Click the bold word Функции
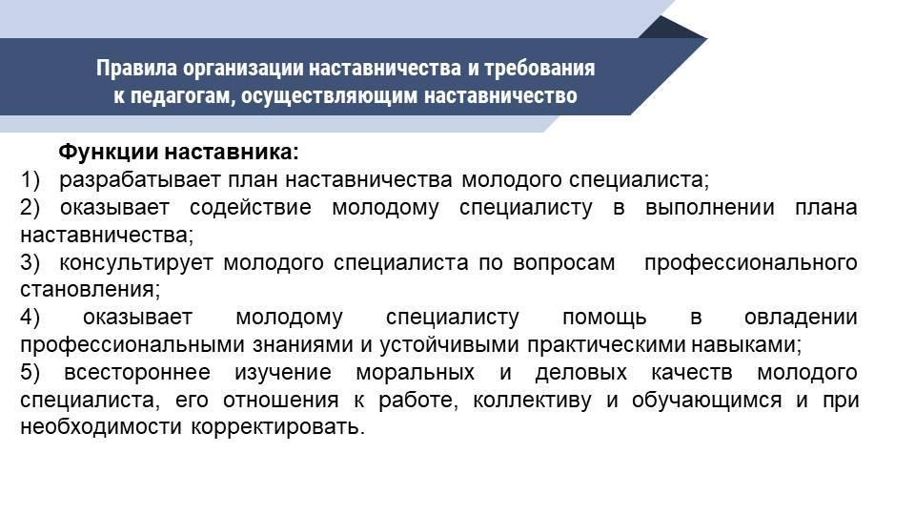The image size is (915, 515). point(108,153)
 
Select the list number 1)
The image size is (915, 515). point(30,180)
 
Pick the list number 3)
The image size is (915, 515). point(30,263)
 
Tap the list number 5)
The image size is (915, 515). point(30,373)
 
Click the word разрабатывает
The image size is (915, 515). point(140,180)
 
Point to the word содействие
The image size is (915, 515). point(251,208)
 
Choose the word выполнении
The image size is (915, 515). point(709,208)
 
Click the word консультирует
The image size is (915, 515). point(136,263)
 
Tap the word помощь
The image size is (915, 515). point(604,318)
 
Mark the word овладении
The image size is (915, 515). point(801,318)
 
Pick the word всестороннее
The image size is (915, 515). point(137,373)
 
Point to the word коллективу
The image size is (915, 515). point(532,401)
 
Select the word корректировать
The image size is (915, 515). point(277,428)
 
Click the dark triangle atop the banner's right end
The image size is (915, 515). point(672,28)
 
